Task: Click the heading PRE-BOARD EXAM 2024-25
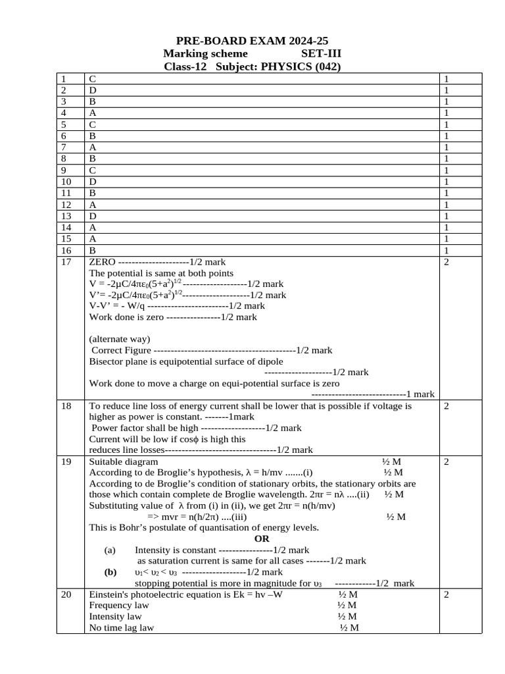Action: click(x=252, y=41)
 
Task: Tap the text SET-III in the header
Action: click(x=322, y=54)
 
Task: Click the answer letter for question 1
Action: click(x=92, y=79)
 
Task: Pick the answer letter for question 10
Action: click(x=93, y=181)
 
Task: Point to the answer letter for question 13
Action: click(x=93, y=216)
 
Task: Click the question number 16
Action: click(x=65, y=250)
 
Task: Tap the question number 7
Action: click(x=63, y=147)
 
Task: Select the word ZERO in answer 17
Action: click(x=102, y=262)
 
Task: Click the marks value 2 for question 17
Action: click(x=446, y=262)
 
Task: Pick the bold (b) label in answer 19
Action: click(x=110, y=572)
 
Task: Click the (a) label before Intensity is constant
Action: click(x=110, y=550)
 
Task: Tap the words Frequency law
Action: click(x=119, y=605)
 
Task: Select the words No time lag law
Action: click(x=121, y=628)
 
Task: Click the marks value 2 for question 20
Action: click(x=446, y=594)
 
